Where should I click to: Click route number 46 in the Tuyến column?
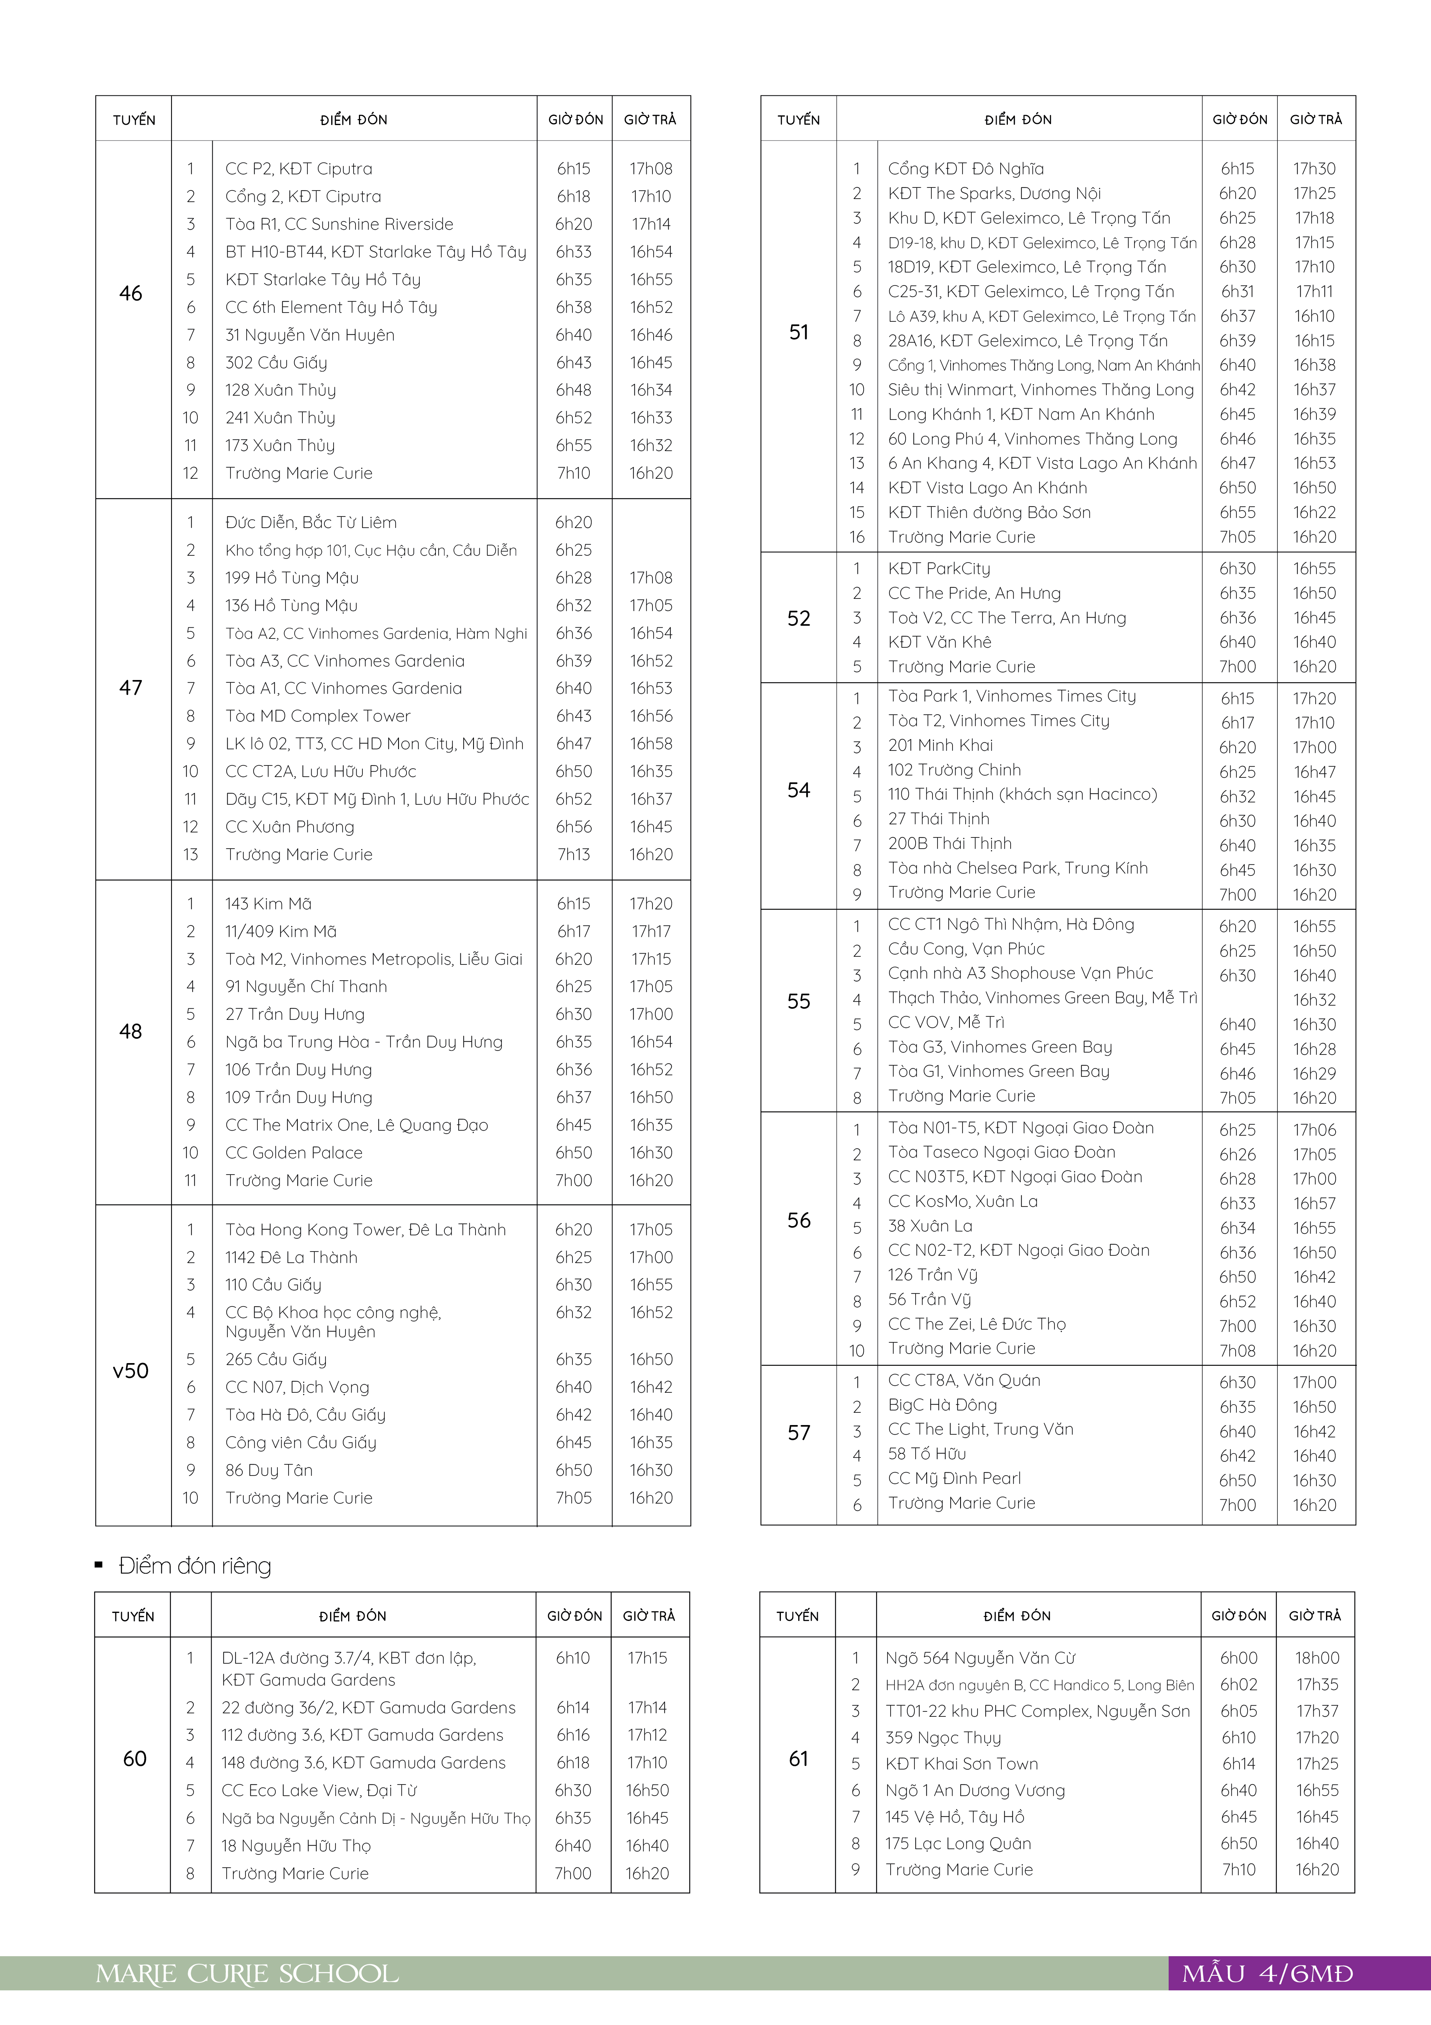(x=130, y=294)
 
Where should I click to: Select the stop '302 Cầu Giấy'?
(x=276, y=363)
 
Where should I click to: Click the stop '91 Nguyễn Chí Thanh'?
(x=306, y=987)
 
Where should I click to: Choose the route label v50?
(x=130, y=1370)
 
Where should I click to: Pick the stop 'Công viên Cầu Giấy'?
(x=301, y=1443)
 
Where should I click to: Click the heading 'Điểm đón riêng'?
(x=195, y=1566)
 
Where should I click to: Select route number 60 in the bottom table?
(x=134, y=1759)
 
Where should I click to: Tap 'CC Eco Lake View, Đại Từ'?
(x=319, y=1790)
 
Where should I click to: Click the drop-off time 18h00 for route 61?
(x=1316, y=1658)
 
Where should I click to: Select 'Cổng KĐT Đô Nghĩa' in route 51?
(x=966, y=169)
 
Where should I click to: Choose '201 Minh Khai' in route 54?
(x=940, y=745)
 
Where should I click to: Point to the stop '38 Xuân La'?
(x=930, y=1226)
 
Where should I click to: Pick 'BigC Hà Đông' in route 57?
(x=942, y=1405)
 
